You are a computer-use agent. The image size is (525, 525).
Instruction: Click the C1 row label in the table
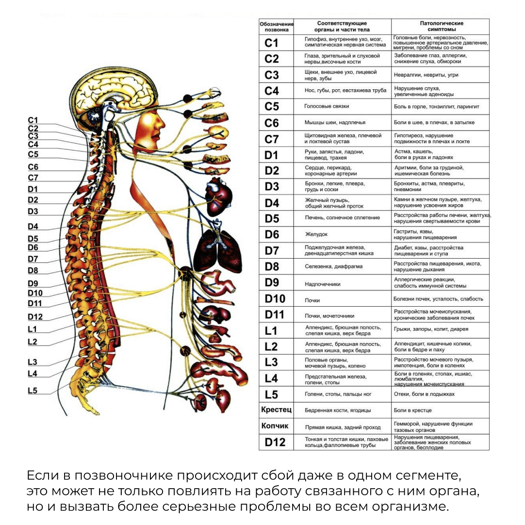(272, 43)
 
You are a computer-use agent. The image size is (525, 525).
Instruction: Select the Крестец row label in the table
(276, 410)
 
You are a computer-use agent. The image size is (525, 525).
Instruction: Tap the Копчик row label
(275, 426)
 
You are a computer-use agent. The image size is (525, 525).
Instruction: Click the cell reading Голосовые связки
(327, 106)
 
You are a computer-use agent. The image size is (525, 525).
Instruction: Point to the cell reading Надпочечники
(323, 284)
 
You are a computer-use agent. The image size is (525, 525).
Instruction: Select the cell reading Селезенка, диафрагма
(333, 266)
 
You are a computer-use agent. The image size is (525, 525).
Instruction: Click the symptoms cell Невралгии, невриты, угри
(426, 75)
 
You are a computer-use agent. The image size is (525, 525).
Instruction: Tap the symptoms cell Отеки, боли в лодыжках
(424, 394)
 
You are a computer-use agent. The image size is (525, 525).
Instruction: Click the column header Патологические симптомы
(442, 26)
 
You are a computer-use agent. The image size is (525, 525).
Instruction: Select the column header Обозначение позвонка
(276, 26)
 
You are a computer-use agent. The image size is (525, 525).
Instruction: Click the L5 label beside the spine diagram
(33, 391)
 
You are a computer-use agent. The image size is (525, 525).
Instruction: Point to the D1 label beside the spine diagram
(33, 189)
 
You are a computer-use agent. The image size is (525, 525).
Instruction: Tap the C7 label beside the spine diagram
(33, 178)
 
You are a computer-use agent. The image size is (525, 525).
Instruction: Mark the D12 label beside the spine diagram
(35, 317)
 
